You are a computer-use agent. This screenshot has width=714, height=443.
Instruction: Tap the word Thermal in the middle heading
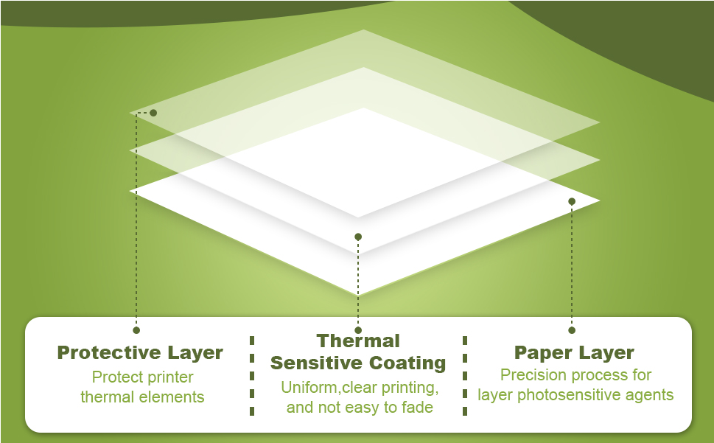tap(358, 341)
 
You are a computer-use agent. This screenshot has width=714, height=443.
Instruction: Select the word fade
tap(416, 407)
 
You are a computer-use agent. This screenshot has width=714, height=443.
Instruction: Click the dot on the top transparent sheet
tap(153, 113)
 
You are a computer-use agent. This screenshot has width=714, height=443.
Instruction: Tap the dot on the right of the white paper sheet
tap(572, 201)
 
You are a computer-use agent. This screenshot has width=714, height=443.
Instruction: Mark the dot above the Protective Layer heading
tap(136, 330)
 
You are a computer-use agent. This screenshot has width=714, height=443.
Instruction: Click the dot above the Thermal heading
tap(358, 330)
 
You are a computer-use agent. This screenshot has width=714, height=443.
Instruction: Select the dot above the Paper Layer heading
tap(572, 330)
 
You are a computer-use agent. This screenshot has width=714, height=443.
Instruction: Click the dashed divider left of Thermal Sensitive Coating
tap(252, 375)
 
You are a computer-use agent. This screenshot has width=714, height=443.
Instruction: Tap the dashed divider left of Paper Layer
tap(465, 375)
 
